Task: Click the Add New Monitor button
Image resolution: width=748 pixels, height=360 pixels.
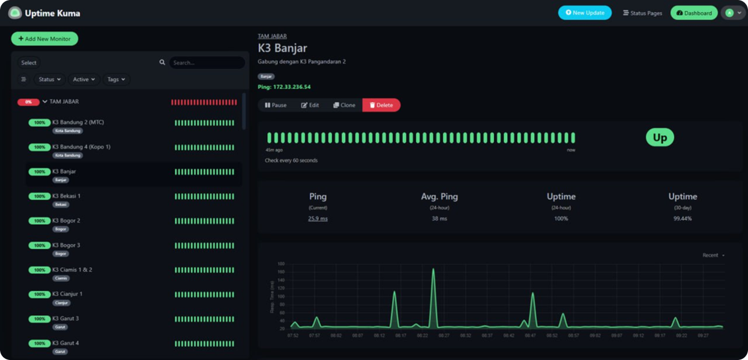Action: click(44, 39)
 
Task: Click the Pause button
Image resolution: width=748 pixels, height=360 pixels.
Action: click(275, 105)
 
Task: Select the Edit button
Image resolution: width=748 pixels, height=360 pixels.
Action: click(310, 105)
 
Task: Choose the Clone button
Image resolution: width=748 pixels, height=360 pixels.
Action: click(344, 105)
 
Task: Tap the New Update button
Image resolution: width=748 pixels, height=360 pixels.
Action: click(585, 12)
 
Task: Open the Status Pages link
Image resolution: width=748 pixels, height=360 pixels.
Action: click(642, 13)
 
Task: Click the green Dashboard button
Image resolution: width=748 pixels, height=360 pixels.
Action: click(694, 13)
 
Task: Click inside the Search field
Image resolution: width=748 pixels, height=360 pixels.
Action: click(207, 63)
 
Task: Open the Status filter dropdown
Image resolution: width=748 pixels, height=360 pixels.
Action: click(50, 79)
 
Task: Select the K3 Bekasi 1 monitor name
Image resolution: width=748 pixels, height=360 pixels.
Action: click(67, 196)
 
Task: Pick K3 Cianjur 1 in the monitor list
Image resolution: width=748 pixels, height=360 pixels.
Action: click(67, 294)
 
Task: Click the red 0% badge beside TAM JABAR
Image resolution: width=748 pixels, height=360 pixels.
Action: click(28, 102)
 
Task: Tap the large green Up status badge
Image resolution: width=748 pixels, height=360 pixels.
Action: click(660, 137)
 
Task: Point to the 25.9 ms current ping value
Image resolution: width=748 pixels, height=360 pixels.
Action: click(318, 219)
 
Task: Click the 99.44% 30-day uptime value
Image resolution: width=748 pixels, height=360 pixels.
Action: click(683, 219)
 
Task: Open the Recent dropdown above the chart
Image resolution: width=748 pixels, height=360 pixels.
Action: click(714, 255)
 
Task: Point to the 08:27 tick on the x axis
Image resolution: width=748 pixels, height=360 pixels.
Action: click(444, 335)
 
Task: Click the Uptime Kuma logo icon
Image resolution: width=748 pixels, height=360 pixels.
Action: click(15, 13)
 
